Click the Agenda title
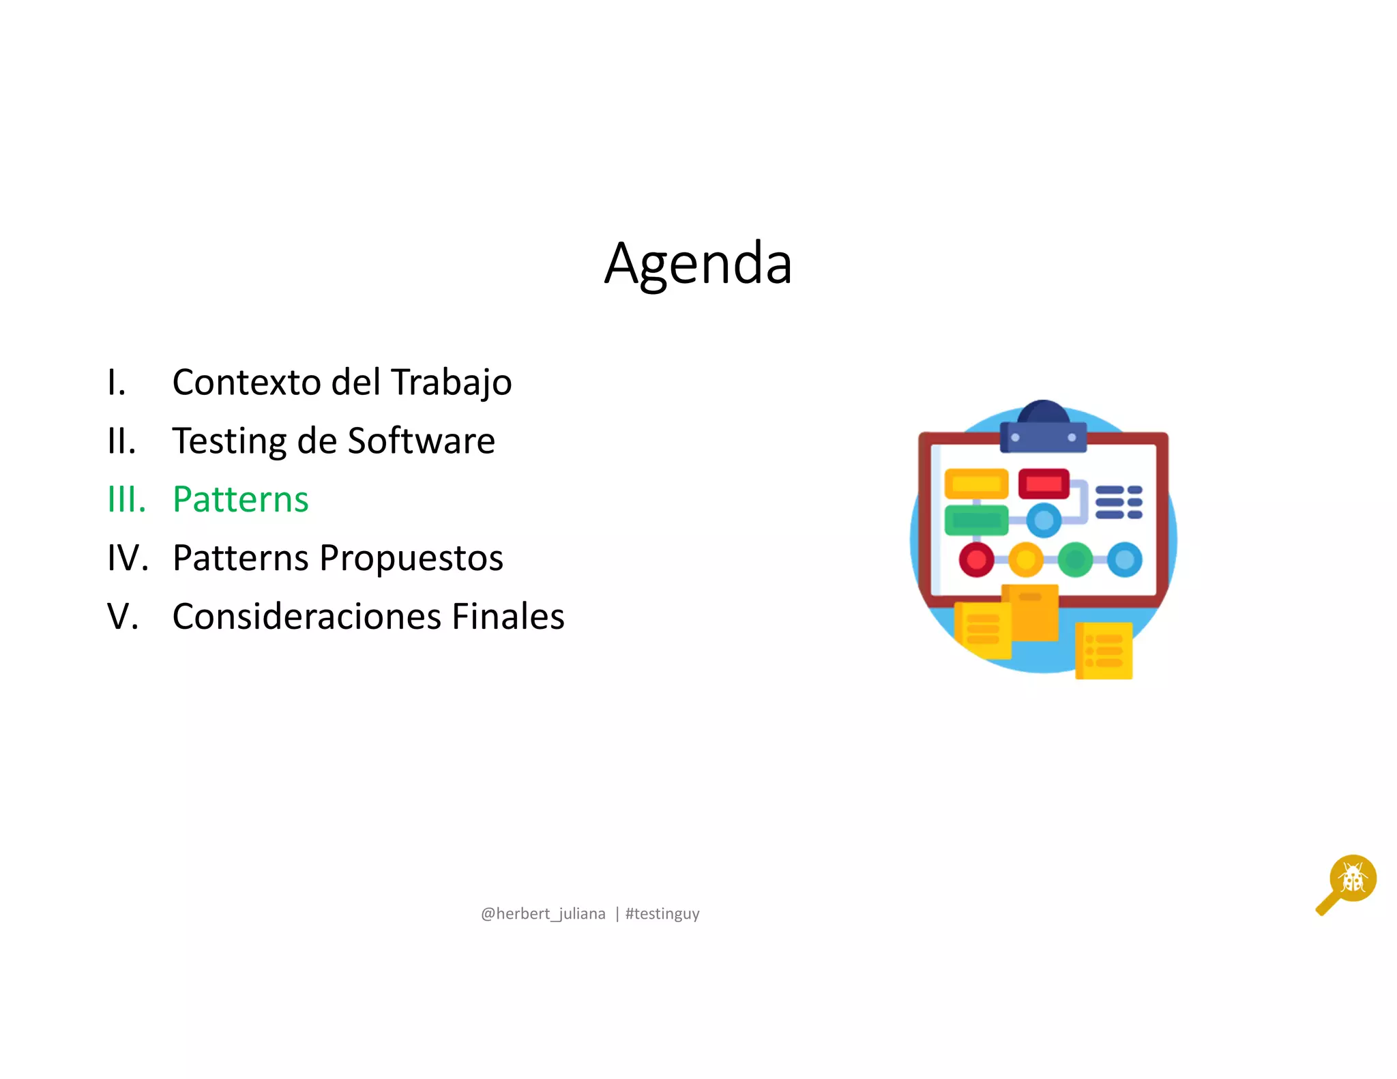pyautogui.click(x=698, y=265)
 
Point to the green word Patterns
pyautogui.click(x=241, y=499)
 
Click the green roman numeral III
pyautogui.click(x=127, y=499)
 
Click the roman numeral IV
pyautogui.click(x=128, y=558)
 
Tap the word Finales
pyautogui.click(x=508, y=617)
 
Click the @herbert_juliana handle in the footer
pyautogui.click(x=543, y=914)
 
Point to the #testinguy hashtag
pyautogui.click(x=662, y=914)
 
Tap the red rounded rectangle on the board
pyautogui.click(x=1044, y=484)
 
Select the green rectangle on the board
pyautogui.click(x=976, y=520)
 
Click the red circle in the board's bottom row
pyautogui.click(x=976, y=560)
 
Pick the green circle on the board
pyautogui.click(x=1075, y=560)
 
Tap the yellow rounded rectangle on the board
pyautogui.click(x=976, y=484)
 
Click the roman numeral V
pyautogui.click(x=123, y=617)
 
